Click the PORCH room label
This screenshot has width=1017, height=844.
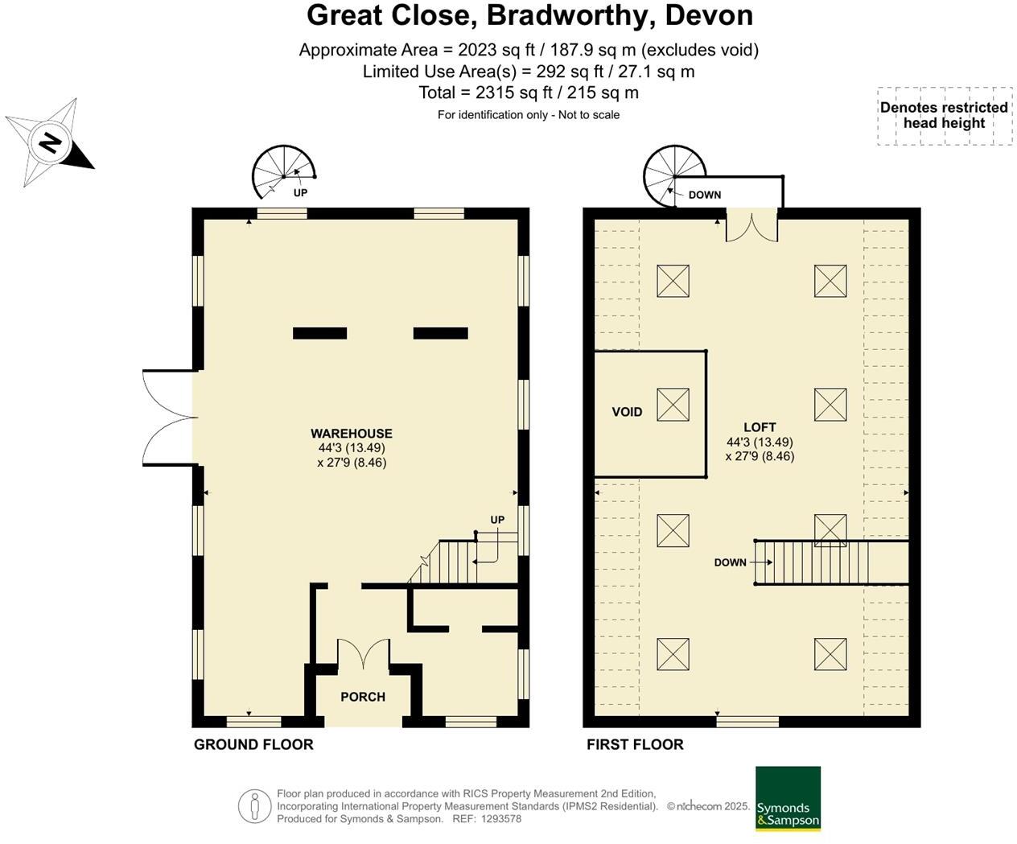[x=362, y=697]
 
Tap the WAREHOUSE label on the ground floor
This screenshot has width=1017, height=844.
[x=351, y=434]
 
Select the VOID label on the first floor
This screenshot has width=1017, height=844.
[x=627, y=412]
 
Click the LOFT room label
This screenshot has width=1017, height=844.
[x=760, y=427]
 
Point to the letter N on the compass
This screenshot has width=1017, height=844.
[x=50, y=142]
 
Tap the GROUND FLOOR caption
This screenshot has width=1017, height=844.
[x=253, y=745]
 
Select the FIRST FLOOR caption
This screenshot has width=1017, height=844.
[x=635, y=745]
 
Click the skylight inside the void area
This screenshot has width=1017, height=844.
[x=673, y=405]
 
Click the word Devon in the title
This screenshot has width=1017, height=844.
[x=709, y=15]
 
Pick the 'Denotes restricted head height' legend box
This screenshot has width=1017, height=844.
[x=945, y=116]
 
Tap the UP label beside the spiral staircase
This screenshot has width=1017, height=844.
[x=300, y=193]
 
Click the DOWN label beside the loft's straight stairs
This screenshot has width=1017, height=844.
[x=730, y=562]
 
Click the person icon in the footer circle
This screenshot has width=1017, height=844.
[x=254, y=806]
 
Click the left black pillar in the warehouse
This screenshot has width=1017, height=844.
[x=319, y=333]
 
